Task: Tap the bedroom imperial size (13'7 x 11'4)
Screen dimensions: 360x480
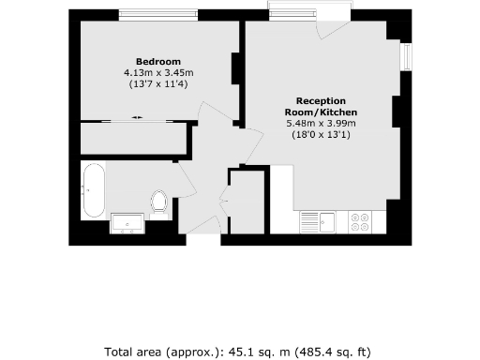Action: (157, 83)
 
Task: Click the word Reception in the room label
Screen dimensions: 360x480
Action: (321, 100)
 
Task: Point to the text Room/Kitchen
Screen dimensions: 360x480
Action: (321, 112)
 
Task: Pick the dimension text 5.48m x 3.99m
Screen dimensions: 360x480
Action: (321, 123)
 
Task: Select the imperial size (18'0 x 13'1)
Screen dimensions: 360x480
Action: (321, 135)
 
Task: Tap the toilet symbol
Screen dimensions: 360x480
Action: (158, 202)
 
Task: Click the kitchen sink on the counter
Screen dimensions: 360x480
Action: (327, 222)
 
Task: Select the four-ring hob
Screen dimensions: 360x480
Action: (359, 222)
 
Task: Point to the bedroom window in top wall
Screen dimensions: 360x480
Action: (157, 15)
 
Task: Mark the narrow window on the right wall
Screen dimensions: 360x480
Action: (407, 56)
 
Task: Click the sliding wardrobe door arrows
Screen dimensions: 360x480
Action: (138, 117)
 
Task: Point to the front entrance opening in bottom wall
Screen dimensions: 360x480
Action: (201, 240)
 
